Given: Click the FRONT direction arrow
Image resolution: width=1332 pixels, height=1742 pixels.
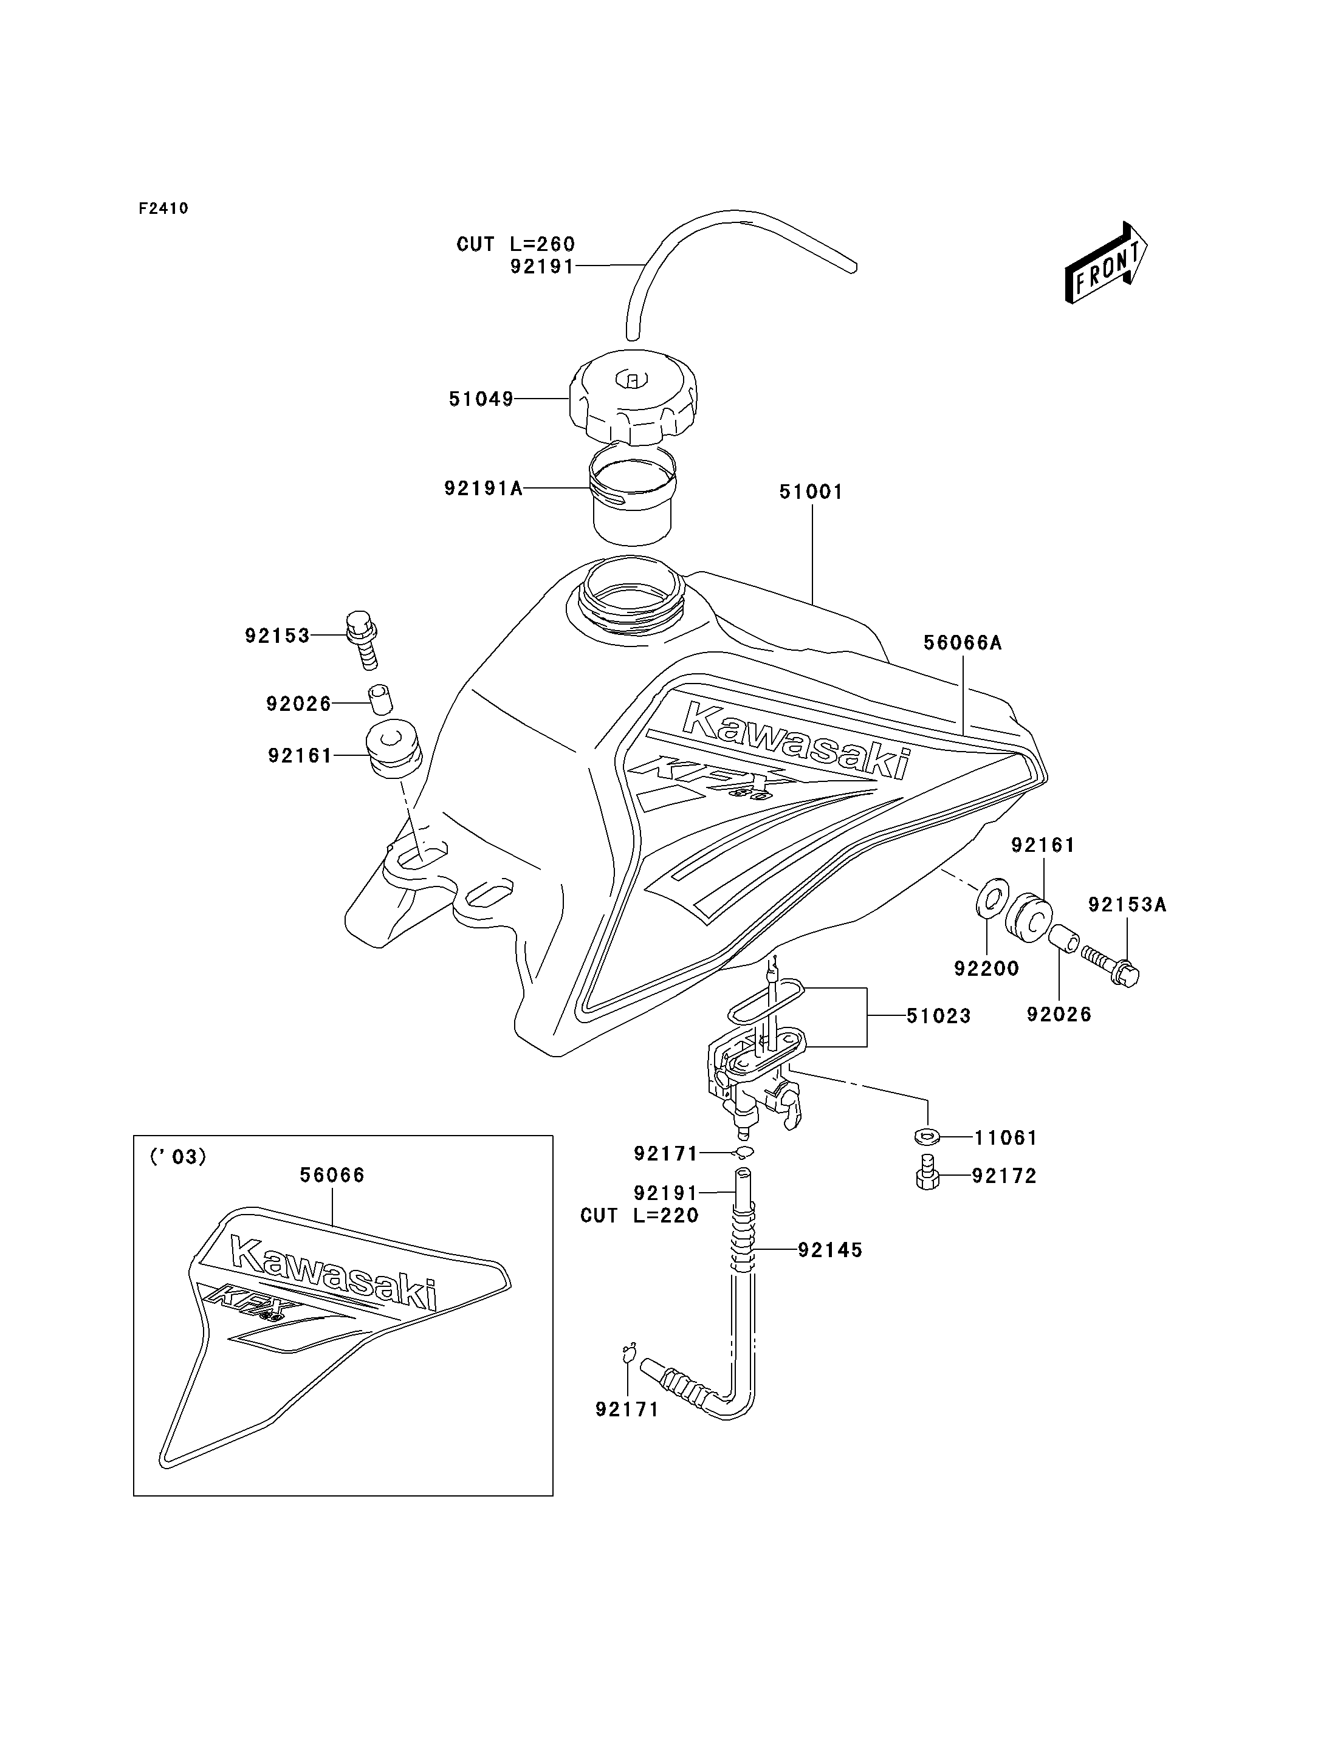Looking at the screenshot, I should [1106, 263].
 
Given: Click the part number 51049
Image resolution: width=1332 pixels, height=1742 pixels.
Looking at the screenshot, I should [481, 399].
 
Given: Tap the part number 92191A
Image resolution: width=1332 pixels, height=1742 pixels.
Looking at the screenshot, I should [483, 489].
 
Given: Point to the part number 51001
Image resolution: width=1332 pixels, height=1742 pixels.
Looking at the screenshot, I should [811, 492].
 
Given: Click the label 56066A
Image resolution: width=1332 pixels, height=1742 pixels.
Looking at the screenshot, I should [963, 642].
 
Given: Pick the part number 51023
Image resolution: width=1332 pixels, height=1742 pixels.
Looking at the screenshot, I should [939, 1016].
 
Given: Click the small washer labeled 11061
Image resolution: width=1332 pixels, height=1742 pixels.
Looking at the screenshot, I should [924, 1137].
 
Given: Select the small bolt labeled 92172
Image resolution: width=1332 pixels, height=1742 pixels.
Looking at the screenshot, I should [925, 1176].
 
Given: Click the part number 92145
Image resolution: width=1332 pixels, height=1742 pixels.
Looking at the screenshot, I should [830, 1250].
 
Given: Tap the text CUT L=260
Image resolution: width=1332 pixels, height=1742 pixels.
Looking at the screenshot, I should [515, 244].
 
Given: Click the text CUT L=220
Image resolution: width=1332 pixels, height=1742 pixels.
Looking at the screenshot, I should [639, 1216].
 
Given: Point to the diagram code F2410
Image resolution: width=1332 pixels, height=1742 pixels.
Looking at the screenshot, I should [163, 208].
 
